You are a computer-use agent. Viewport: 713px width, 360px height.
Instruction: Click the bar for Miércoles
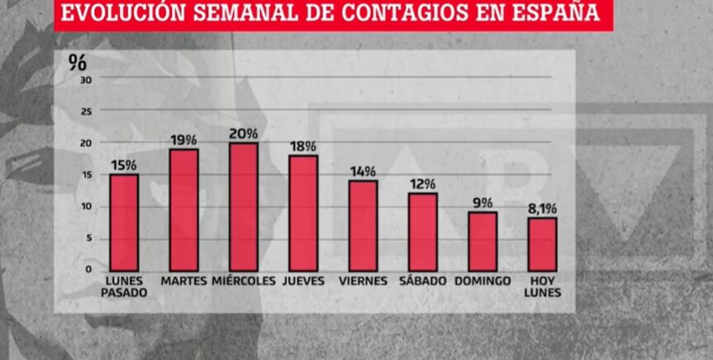[244, 207]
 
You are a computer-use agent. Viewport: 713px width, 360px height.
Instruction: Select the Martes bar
[183, 211]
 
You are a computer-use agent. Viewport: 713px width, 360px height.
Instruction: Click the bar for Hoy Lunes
[543, 244]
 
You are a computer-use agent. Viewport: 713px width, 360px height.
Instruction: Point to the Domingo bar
[482, 242]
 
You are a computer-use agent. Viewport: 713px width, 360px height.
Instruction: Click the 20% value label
[244, 134]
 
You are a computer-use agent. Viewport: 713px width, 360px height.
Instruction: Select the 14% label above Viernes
[363, 171]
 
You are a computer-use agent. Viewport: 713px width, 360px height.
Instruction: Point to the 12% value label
[423, 184]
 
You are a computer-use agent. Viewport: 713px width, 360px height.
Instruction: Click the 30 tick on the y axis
[85, 79]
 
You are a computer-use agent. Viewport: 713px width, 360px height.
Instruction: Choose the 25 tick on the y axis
[85, 111]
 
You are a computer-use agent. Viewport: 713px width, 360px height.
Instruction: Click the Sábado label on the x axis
[422, 282]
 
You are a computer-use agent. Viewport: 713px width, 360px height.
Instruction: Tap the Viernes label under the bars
[363, 282]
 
